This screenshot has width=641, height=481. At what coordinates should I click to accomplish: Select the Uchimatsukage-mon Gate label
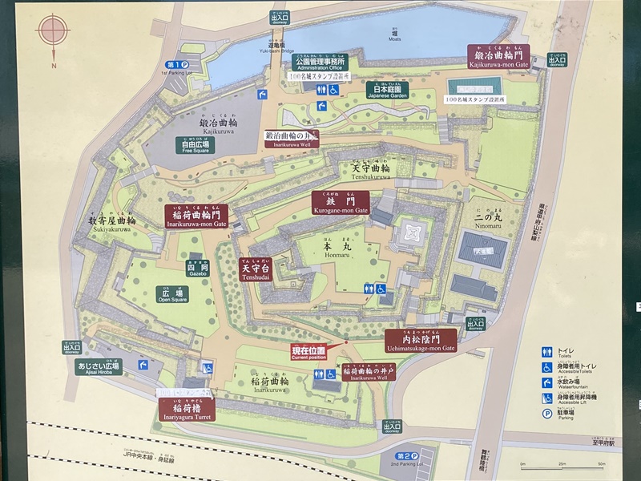click(421, 341)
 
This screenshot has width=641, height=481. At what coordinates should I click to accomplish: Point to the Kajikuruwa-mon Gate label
click(499, 55)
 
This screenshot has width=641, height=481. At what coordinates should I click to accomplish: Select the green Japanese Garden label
click(388, 90)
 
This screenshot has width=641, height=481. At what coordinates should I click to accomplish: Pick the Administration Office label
click(320, 63)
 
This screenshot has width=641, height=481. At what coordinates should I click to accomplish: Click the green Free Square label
click(196, 145)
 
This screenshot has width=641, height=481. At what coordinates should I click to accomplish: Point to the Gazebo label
click(198, 269)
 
